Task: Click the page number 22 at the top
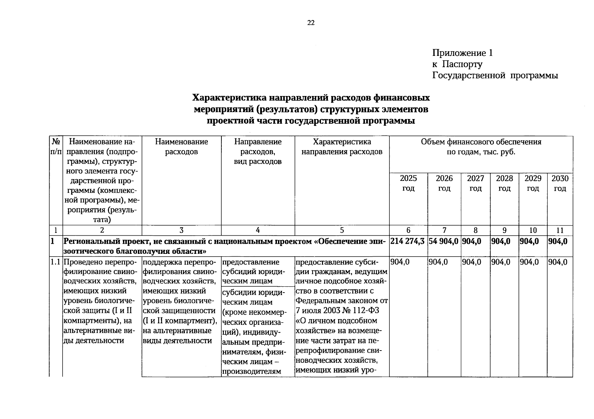click(x=311, y=23)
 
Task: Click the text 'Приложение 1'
click(x=462, y=53)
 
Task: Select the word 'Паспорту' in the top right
click(x=462, y=64)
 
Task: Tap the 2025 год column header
click(x=408, y=183)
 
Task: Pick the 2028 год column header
click(x=504, y=183)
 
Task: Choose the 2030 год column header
click(x=560, y=183)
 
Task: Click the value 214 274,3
click(x=408, y=241)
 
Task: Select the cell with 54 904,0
click(x=443, y=241)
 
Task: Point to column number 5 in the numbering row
click(x=342, y=230)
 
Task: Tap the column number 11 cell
click(x=560, y=230)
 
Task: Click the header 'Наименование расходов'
click(x=182, y=147)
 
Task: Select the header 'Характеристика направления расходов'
click(x=342, y=147)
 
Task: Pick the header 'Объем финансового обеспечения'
click(x=481, y=142)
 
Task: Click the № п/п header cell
click(x=56, y=147)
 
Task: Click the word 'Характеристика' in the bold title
click(x=232, y=97)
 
